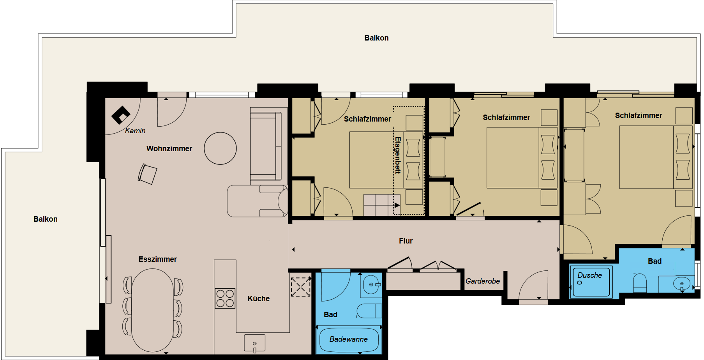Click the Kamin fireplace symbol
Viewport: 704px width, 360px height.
tap(120, 115)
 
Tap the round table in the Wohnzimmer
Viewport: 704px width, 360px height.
tap(220, 148)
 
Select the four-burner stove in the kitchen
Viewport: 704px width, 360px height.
tap(225, 298)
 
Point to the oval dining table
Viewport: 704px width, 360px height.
tap(153, 310)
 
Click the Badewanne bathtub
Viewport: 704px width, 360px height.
tap(349, 339)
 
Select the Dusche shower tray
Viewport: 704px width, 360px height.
tap(591, 282)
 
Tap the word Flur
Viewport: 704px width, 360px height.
tap(406, 241)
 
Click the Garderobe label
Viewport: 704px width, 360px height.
tap(483, 281)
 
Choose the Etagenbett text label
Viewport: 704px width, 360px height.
tap(397, 155)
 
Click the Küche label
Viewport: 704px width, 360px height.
tap(259, 298)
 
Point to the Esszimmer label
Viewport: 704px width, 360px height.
tap(158, 259)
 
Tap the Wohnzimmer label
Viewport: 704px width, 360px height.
tap(169, 148)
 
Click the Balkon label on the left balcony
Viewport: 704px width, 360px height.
tap(46, 219)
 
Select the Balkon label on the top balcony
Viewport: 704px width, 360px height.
tap(376, 38)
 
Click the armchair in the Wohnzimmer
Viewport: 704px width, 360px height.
tap(147, 174)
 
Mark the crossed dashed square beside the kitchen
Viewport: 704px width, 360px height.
tap(301, 287)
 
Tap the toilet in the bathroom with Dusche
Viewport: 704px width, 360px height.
tap(640, 282)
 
